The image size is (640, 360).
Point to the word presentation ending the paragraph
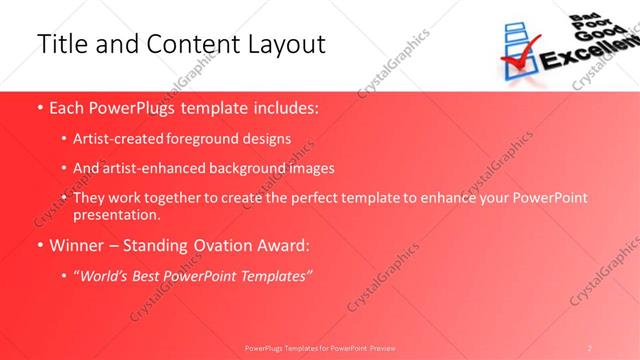pyautogui.click(x=116, y=214)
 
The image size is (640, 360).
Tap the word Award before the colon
pyautogui.click(x=281, y=244)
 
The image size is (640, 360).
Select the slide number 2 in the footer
pyautogui.click(x=590, y=347)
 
